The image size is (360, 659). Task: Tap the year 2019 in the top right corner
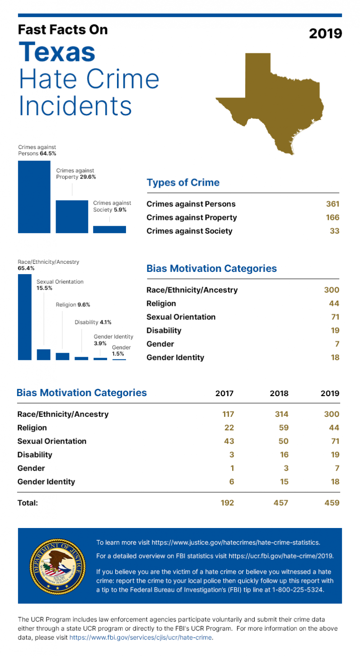pyautogui.click(x=325, y=34)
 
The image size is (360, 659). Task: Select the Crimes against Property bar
pyautogui.click(x=72, y=216)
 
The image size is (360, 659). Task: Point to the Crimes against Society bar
pyautogui.click(x=109, y=229)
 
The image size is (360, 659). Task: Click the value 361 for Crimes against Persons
pyautogui.click(x=332, y=204)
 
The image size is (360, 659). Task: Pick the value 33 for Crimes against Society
pyautogui.click(x=334, y=231)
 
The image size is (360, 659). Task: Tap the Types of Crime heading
pyautogui.click(x=183, y=182)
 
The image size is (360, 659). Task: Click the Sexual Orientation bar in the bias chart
pyautogui.click(x=43, y=354)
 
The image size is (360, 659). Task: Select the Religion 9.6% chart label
pyautogui.click(x=73, y=304)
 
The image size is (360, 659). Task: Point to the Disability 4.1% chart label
pyautogui.click(x=93, y=322)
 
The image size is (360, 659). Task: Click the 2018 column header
pyautogui.click(x=279, y=393)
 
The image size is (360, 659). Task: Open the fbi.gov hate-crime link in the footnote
pyautogui.click(x=140, y=638)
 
